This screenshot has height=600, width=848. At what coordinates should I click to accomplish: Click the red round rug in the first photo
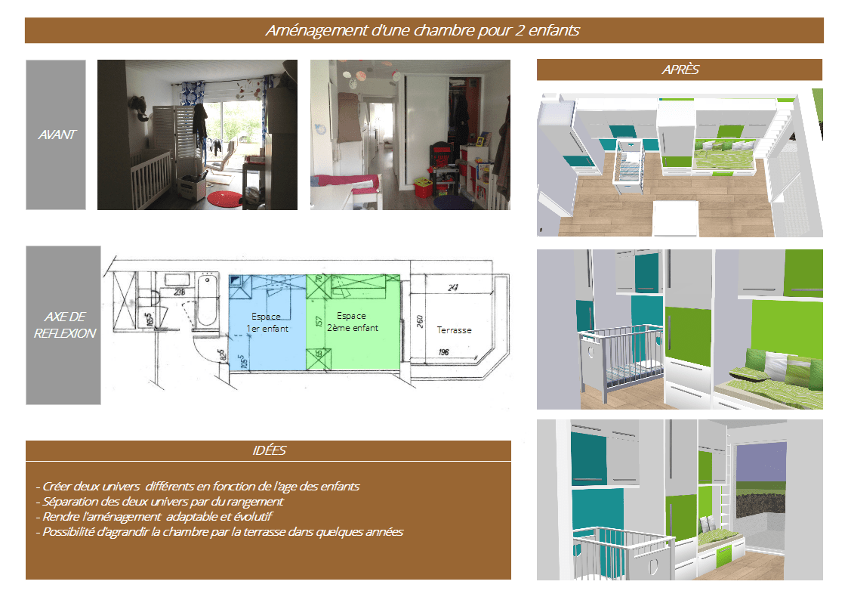tap(224, 199)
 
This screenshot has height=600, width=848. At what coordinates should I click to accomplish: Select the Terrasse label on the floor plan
tap(454, 330)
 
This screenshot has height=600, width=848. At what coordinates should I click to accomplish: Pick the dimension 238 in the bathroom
tap(179, 291)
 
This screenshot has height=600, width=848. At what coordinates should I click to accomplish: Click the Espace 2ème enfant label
tap(352, 322)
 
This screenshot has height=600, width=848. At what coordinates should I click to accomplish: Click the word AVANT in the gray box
tap(57, 135)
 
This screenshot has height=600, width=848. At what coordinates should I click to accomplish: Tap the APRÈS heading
tap(680, 70)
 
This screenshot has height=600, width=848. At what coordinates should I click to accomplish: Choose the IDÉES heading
tap(269, 450)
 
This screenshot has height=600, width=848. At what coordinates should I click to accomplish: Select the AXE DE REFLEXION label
tap(64, 326)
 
